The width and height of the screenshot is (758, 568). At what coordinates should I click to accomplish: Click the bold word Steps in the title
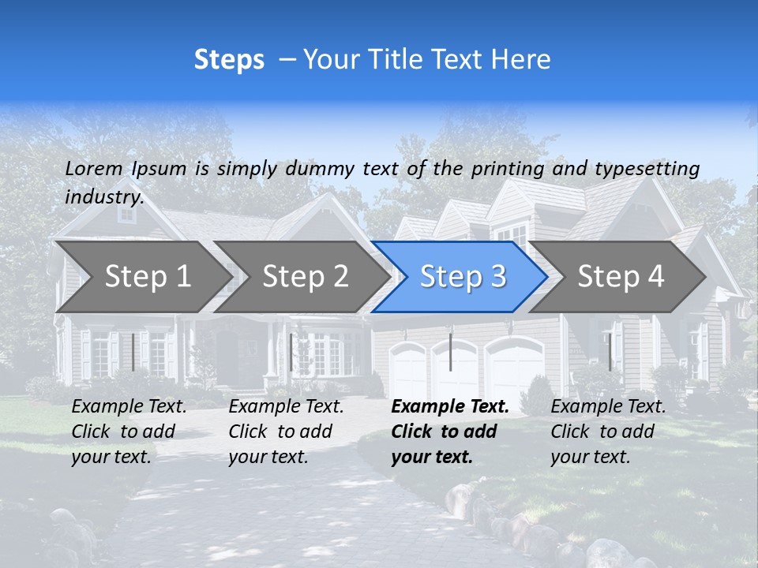tap(229, 60)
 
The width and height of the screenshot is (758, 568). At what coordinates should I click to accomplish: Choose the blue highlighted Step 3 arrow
tap(463, 277)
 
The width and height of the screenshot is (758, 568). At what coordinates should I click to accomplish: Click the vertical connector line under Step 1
tap(133, 352)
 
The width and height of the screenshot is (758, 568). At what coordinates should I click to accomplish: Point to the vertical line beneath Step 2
tap(291, 352)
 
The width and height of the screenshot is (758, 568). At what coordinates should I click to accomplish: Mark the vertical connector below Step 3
tap(450, 352)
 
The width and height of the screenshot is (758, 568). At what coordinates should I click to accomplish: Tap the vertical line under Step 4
tap(610, 352)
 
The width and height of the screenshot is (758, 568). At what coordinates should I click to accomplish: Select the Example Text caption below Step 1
tap(129, 432)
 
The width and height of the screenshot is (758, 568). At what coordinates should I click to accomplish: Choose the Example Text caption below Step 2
tap(286, 432)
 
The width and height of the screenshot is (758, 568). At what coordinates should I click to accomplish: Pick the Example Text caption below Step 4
tap(608, 432)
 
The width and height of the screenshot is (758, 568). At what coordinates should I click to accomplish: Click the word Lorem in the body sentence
tap(93, 168)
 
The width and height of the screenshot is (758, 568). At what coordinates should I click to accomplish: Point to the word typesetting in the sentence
tap(647, 168)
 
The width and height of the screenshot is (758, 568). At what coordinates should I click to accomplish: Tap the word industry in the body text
tap(103, 196)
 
